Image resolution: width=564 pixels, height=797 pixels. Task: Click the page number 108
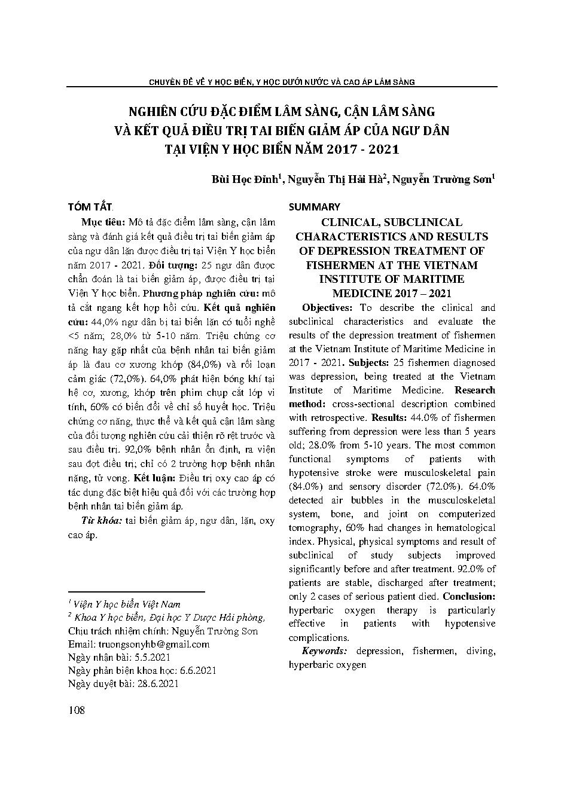(77, 710)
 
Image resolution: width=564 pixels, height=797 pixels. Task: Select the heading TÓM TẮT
(90, 207)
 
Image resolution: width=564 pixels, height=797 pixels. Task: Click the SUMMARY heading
(314, 207)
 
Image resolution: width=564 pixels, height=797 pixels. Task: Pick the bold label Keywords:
(324, 651)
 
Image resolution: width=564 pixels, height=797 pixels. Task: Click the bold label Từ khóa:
(102, 521)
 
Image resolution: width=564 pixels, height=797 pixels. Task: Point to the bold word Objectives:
(328, 308)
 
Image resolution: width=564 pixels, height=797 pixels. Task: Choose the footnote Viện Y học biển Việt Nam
(127, 604)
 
